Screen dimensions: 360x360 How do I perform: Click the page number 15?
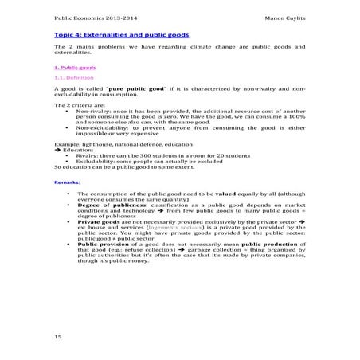point(58,338)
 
